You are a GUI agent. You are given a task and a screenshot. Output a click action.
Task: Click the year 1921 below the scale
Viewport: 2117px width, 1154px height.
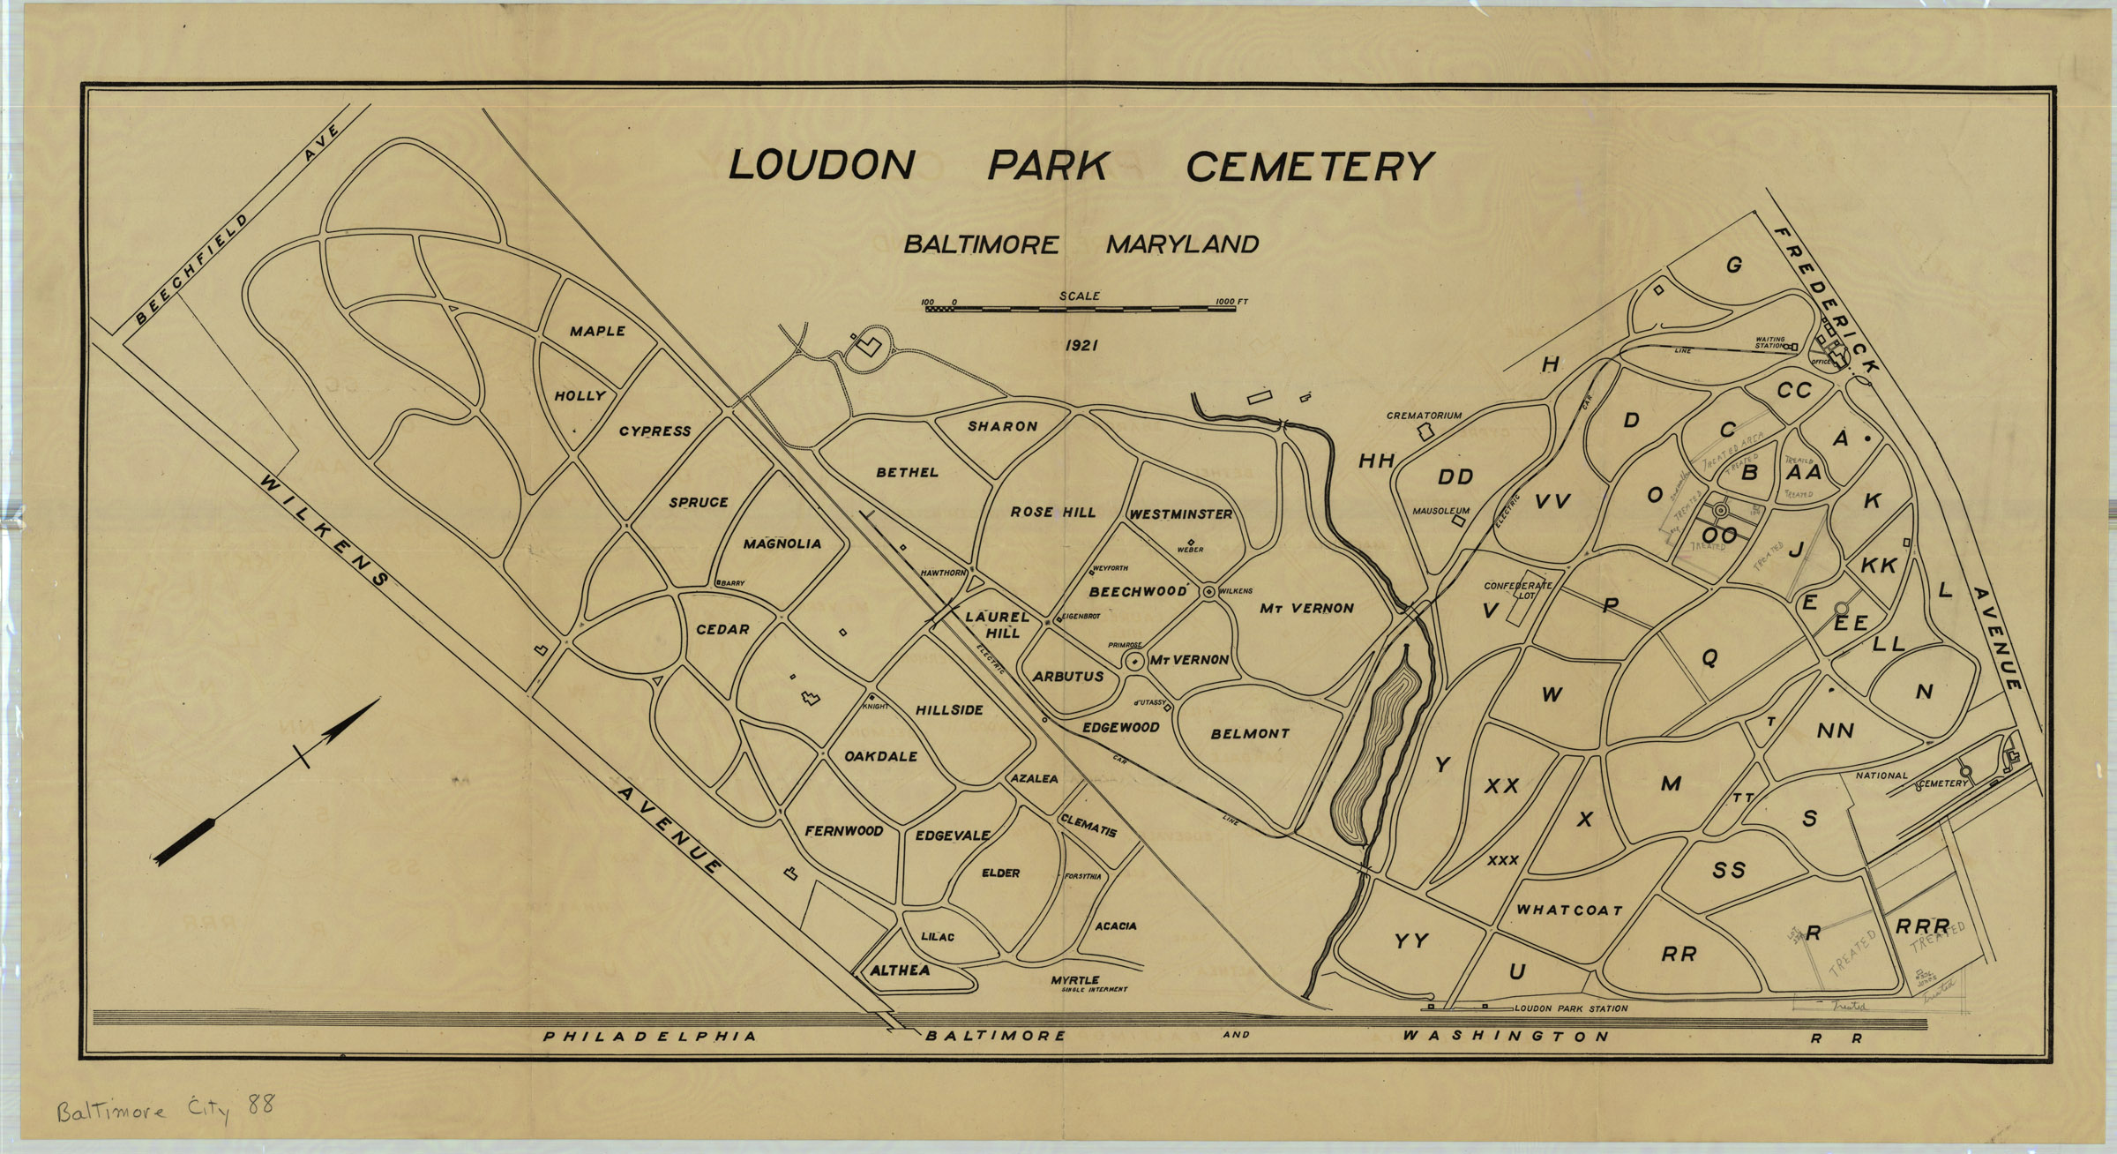point(1081,346)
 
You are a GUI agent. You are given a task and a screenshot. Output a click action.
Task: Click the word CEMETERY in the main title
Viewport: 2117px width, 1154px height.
point(1309,165)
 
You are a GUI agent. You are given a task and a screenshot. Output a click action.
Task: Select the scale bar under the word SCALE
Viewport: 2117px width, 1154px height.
point(1081,310)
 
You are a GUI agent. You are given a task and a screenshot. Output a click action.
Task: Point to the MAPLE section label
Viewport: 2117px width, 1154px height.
point(597,332)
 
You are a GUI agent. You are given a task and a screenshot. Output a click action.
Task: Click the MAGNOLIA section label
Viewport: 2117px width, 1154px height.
point(782,544)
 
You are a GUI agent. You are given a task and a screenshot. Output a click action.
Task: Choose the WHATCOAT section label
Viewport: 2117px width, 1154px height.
point(1569,910)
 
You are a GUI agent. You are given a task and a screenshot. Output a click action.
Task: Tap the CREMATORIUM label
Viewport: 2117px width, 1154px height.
point(1424,416)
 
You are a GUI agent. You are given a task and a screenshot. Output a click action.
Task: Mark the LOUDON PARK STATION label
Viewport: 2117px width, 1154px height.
point(1570,1008)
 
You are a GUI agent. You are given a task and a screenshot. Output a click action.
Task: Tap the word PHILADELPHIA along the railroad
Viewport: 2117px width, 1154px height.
point(649,1037)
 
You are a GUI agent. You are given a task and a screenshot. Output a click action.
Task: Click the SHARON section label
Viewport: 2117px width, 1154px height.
point(1002,426)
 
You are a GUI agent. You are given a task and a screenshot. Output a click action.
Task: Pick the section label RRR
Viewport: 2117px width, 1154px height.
point(1922,927)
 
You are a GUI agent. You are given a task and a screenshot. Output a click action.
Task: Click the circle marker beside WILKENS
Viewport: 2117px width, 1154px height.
point(1209,591)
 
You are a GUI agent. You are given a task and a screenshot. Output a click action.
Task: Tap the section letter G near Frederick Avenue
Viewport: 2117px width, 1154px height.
point(1733,265)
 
